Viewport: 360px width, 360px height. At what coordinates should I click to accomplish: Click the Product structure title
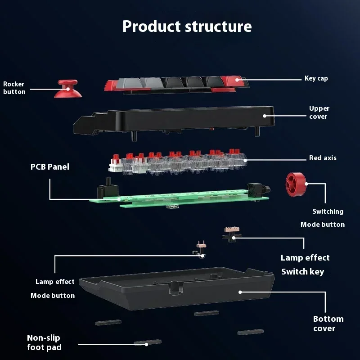(187, 26)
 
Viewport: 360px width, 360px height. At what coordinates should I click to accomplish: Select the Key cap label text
(316, 78)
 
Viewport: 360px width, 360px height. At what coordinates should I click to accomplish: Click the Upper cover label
(319, 112)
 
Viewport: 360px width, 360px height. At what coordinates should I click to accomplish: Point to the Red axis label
(323, 158)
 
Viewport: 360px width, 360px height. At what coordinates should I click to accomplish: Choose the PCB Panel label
(50, 167)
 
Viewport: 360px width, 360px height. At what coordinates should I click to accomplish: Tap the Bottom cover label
(328, 324)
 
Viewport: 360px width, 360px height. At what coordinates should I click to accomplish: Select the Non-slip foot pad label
(44, 342)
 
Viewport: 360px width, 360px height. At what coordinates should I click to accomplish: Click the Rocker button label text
(14, 88)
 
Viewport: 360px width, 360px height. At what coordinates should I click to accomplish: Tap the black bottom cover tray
(175, 292)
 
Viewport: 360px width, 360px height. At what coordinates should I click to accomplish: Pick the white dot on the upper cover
(265, 116)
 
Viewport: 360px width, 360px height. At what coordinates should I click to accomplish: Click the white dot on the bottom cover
(240, 292)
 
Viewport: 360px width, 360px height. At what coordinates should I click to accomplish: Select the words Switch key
(302, 271)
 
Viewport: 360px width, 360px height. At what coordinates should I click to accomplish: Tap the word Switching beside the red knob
(328, 211)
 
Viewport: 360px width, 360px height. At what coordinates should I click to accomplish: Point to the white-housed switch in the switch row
(116, 166)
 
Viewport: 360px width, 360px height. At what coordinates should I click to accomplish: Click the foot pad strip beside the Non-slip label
(148, 342)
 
